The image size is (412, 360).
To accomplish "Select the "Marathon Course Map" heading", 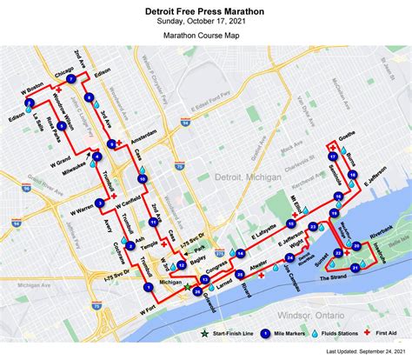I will coord(205,37).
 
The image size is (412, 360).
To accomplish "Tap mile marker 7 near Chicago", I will coord(69,80).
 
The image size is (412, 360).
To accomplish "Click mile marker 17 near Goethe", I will coord(333,157).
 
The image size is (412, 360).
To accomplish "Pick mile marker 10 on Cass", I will coord(142,179).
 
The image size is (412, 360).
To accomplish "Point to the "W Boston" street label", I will coord(31,89).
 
